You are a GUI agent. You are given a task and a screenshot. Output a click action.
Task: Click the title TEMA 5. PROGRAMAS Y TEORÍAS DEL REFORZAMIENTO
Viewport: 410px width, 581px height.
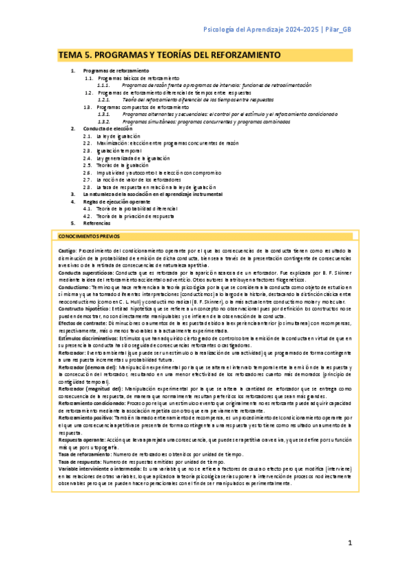pyautogui.click(x=169, y=54)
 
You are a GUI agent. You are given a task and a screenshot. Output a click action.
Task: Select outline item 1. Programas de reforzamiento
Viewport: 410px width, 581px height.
pyautogui.click(x=116, y=71)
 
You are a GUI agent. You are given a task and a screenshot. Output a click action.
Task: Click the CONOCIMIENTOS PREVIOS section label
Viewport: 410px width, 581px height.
pyautogui.click(x=88, y=236)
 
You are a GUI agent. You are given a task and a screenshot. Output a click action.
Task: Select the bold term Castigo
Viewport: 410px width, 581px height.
pyautogui.click(x=67, y=251)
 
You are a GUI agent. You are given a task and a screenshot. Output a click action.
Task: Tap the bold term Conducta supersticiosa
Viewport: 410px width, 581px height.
pyautogui.click(x=84, y=273)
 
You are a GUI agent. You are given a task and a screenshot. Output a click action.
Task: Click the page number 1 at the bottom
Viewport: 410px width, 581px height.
pyautogui.click(x=349, y=543)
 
